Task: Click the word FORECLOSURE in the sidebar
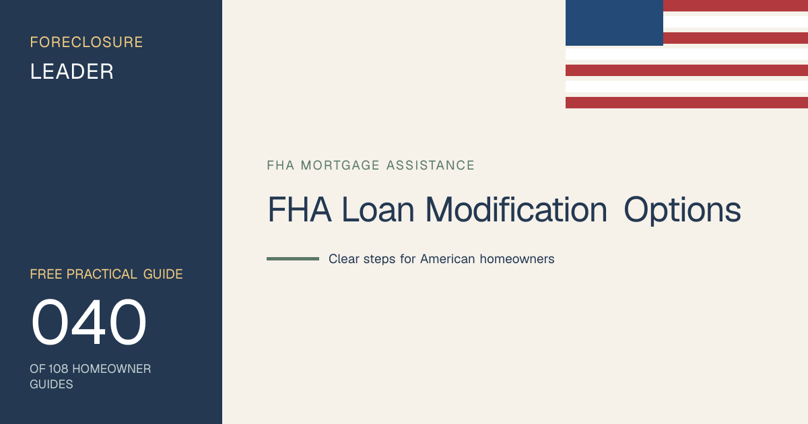(x=86, y=42)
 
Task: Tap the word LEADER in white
(x=72, y=71)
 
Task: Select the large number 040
(x=89, y=322)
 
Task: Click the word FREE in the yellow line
(x=46, y=274)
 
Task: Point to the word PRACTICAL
(x=102, y=274)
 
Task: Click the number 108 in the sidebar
(x=58, y=369)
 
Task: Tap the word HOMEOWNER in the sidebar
(x=112, y=369)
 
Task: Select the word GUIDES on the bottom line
(x=51, y=384)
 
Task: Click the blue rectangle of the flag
(x=614, y=23)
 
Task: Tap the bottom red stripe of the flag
(x=687, y=102)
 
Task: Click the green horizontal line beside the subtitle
(x=293, y=259)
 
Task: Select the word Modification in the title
(x=516, y=209)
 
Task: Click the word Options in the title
(x=682, y=211)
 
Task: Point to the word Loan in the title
(x=378, y=209)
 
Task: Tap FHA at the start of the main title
(x=300, y=209)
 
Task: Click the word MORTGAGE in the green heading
(x=340, y=165)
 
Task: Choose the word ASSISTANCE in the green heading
(x=430, y=165)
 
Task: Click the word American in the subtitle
(x=448, y=259)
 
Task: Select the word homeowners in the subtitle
(x=517, y=259)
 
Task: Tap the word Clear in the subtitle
(x=344, y=259)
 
